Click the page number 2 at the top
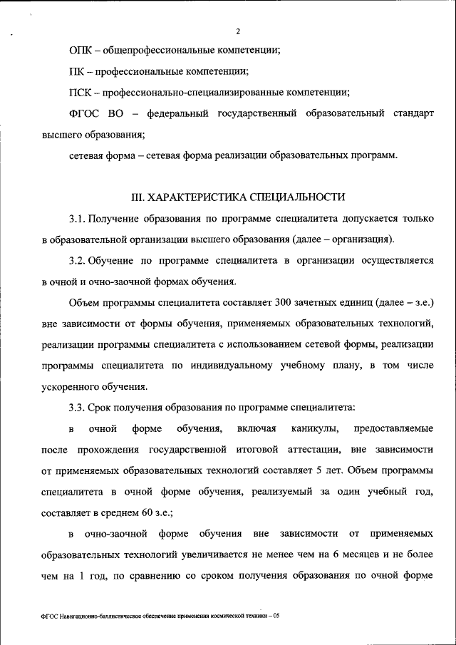tap(238, 31)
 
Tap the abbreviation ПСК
tap(82, 93)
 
